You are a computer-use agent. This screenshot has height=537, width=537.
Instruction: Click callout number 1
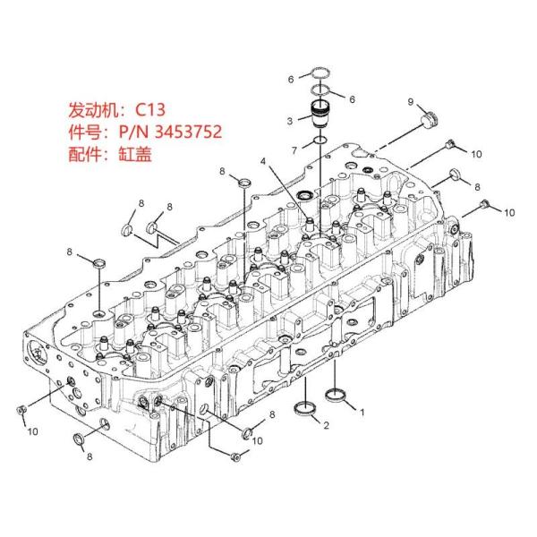(362, 413)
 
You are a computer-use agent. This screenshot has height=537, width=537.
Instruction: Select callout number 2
(326, 424)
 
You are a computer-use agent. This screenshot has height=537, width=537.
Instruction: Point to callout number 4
(263, 161)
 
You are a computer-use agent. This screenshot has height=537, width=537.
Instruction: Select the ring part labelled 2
(306, 410)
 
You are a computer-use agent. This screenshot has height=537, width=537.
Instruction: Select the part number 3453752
(186, 132)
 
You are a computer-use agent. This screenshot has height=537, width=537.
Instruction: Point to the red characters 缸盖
(135, 154)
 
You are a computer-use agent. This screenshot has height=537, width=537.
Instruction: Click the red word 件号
(84, 132)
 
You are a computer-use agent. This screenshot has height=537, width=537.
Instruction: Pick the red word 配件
(84, 154)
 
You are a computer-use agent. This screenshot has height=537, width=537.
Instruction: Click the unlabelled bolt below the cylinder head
(235, 458)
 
